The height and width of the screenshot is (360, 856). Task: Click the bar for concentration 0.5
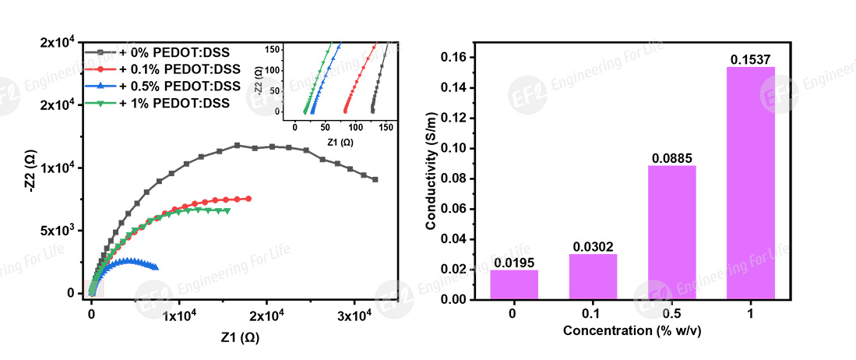tap(672, 232)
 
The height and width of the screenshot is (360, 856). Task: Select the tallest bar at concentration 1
tap(751, 183)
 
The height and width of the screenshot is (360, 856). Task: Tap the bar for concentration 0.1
tap(593, 277)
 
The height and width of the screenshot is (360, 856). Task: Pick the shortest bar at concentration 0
tap(514, 285)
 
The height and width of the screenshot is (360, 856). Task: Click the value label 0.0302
tap(593, 247)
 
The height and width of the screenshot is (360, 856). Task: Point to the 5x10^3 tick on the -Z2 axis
tap(61, 231)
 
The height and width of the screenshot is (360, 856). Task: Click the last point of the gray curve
tap(375, 180)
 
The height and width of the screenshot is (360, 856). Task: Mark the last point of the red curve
tap(248, 199)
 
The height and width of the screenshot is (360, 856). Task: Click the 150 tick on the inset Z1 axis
tap(386, 128)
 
